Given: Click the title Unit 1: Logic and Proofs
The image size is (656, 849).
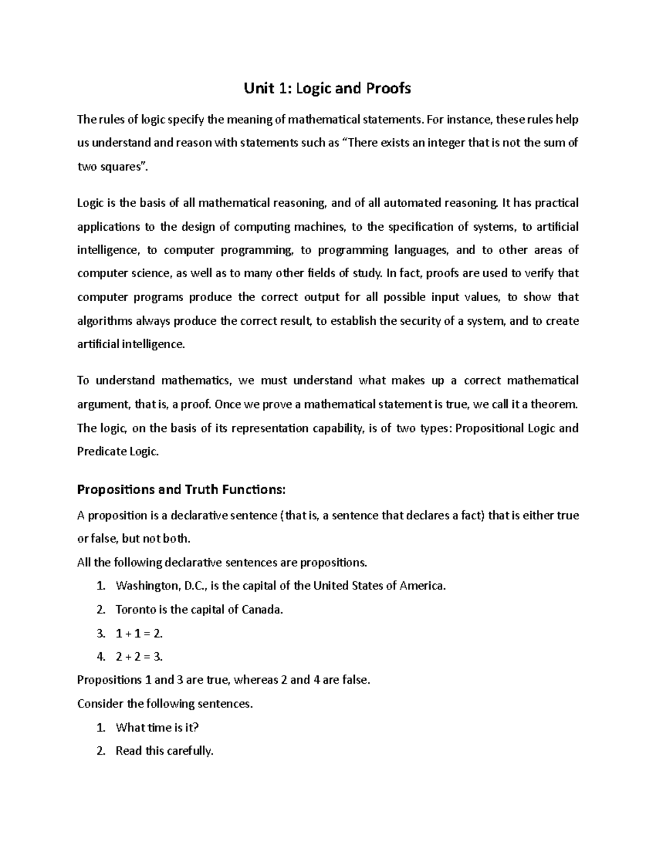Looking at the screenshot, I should pyautogui.click(x=327, y=88).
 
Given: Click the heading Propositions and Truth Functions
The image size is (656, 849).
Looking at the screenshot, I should pyautogui.click(x=181, y=489).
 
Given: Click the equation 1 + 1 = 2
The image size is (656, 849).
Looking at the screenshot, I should pyautogui.click(x=139, y=634).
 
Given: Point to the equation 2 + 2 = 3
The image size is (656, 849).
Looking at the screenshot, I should pyautogui.click(x=139, y=657).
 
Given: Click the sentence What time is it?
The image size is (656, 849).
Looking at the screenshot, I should pyautogui.click(x=157, y=728).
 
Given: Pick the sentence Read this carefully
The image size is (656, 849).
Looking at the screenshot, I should pyautogui.click(x=164, y=751).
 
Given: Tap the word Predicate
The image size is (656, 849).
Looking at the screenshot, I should pyautogui.click(x=102, y=452).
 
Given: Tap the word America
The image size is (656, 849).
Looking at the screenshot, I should pyautogui.click(x=423, y=586).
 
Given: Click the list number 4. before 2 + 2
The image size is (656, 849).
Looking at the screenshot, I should pyautogui.click(x=100, y=657).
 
